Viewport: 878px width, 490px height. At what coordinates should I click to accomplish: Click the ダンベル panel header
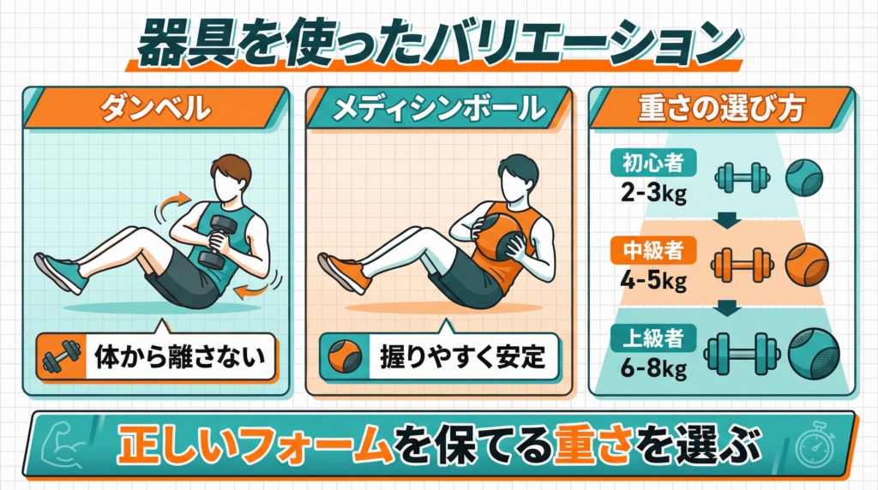[x=155, y=108]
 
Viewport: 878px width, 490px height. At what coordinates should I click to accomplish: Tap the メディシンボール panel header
[x=438, y=108]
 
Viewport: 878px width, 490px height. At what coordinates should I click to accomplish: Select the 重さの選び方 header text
[x=722, y=108]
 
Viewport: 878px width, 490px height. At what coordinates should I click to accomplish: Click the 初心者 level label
[x=653, y=163]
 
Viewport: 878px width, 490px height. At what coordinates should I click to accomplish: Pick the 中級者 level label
[x=653, y=250]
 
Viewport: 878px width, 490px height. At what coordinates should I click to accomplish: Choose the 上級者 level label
[x=653, y=338]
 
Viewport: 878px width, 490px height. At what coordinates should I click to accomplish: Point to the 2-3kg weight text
[x=653, y=193]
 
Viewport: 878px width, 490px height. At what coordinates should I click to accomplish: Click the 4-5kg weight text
[x=653, y=280]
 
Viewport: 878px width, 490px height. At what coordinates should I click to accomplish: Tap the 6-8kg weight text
[x=653, y=368]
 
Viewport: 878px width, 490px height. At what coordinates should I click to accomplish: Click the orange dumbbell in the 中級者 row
[x=743, y=265]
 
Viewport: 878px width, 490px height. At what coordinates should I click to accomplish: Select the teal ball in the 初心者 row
[x=804, y=178]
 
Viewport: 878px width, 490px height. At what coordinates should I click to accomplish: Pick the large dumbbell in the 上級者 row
[x=742, y=354]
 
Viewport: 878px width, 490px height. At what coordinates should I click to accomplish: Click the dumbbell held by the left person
[x=215, y=242]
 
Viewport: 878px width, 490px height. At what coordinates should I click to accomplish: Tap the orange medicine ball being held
[x=500, y=235]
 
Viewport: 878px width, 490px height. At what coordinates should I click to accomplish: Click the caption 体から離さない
[x=180, y=357]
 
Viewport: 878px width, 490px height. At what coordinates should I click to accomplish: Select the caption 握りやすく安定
[x=462, y=357]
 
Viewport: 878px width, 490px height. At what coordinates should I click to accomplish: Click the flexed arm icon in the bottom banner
[x=64, y=445]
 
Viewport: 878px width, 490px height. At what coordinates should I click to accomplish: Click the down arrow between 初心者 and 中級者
[x=727, y=220]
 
